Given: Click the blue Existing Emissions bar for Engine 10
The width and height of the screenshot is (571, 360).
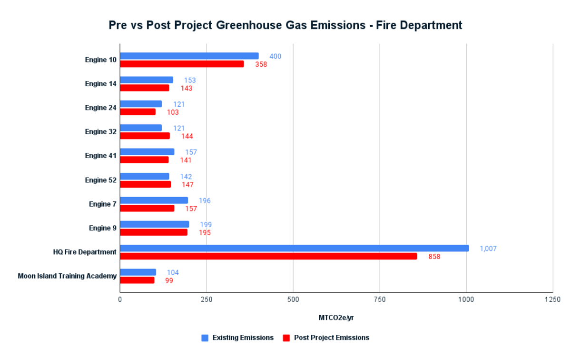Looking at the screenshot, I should point(189,56).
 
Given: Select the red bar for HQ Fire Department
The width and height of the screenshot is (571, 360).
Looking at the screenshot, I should point(268,256).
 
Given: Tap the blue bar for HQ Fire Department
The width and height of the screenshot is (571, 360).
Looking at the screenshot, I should point(294,248).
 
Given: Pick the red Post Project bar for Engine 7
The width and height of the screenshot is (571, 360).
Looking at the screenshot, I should point(147,208).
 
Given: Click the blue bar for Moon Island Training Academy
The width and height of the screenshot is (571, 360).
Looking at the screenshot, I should point(138,272).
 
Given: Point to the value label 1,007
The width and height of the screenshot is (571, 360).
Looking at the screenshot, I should point(488,249).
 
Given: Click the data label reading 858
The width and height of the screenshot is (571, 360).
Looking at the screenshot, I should point(434,257).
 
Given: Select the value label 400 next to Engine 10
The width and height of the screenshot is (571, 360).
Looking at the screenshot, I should point(275,56).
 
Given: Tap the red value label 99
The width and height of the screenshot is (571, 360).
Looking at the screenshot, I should point(169,280).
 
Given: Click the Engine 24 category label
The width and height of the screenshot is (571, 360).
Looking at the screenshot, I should point(100,108).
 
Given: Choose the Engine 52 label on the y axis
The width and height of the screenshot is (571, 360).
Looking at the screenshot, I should point(100,180).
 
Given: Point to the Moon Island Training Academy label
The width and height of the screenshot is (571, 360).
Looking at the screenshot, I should point(67,276).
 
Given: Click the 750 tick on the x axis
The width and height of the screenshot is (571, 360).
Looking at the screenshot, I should point(379,300).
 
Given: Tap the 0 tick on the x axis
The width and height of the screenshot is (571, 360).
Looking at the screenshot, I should point(120,300).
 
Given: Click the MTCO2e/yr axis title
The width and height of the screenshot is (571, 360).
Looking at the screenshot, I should point(336,318).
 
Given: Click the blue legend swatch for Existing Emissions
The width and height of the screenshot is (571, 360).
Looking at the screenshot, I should point(205,338).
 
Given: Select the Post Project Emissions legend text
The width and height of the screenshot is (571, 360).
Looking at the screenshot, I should point(331,338).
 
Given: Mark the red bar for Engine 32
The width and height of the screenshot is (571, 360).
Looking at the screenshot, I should point(144,136).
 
